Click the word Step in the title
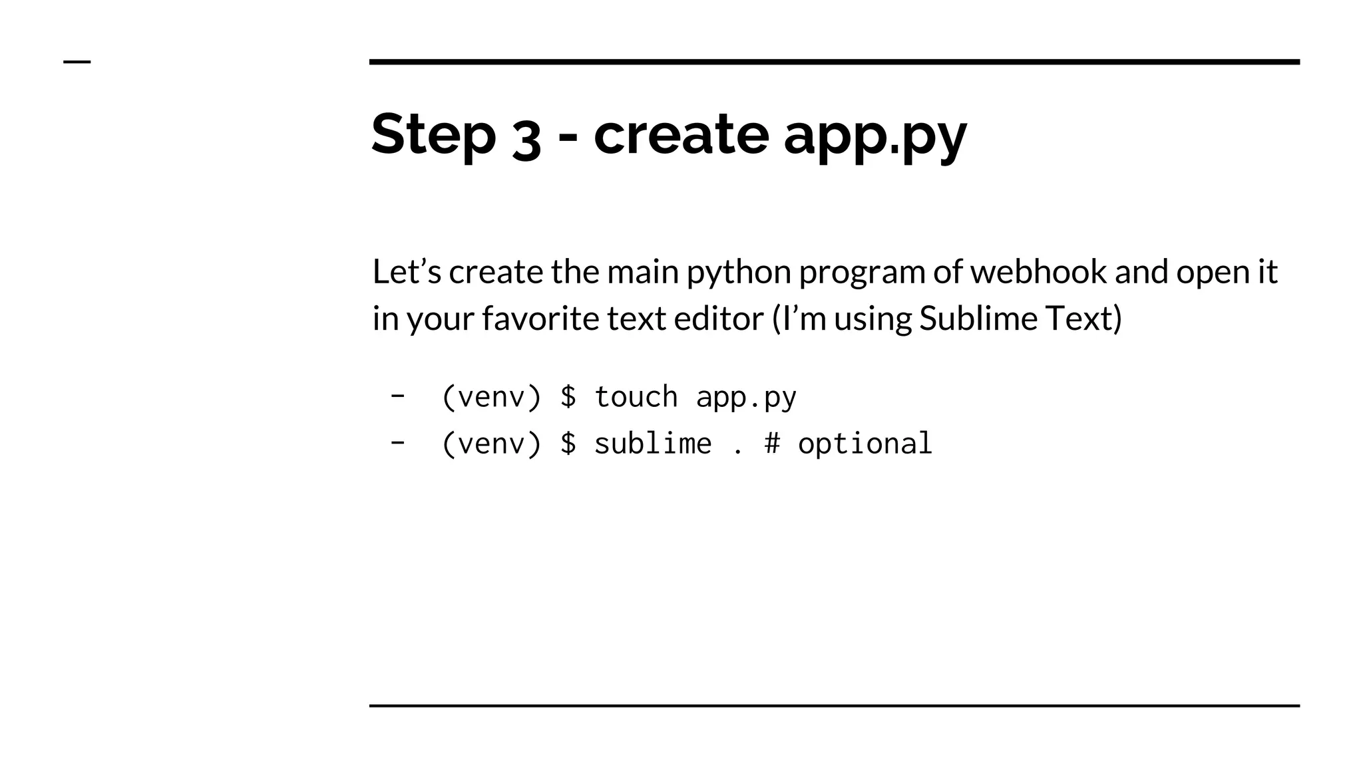(433, 135)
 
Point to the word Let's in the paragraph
(406, 272)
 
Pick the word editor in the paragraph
(718, 319)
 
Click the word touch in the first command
(636, 397)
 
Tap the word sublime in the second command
(652, 444)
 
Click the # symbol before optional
(772, 444)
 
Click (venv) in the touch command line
(491, 398)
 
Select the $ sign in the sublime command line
(568, 444)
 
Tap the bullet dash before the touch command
(397, 396)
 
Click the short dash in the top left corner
(77, 62)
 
